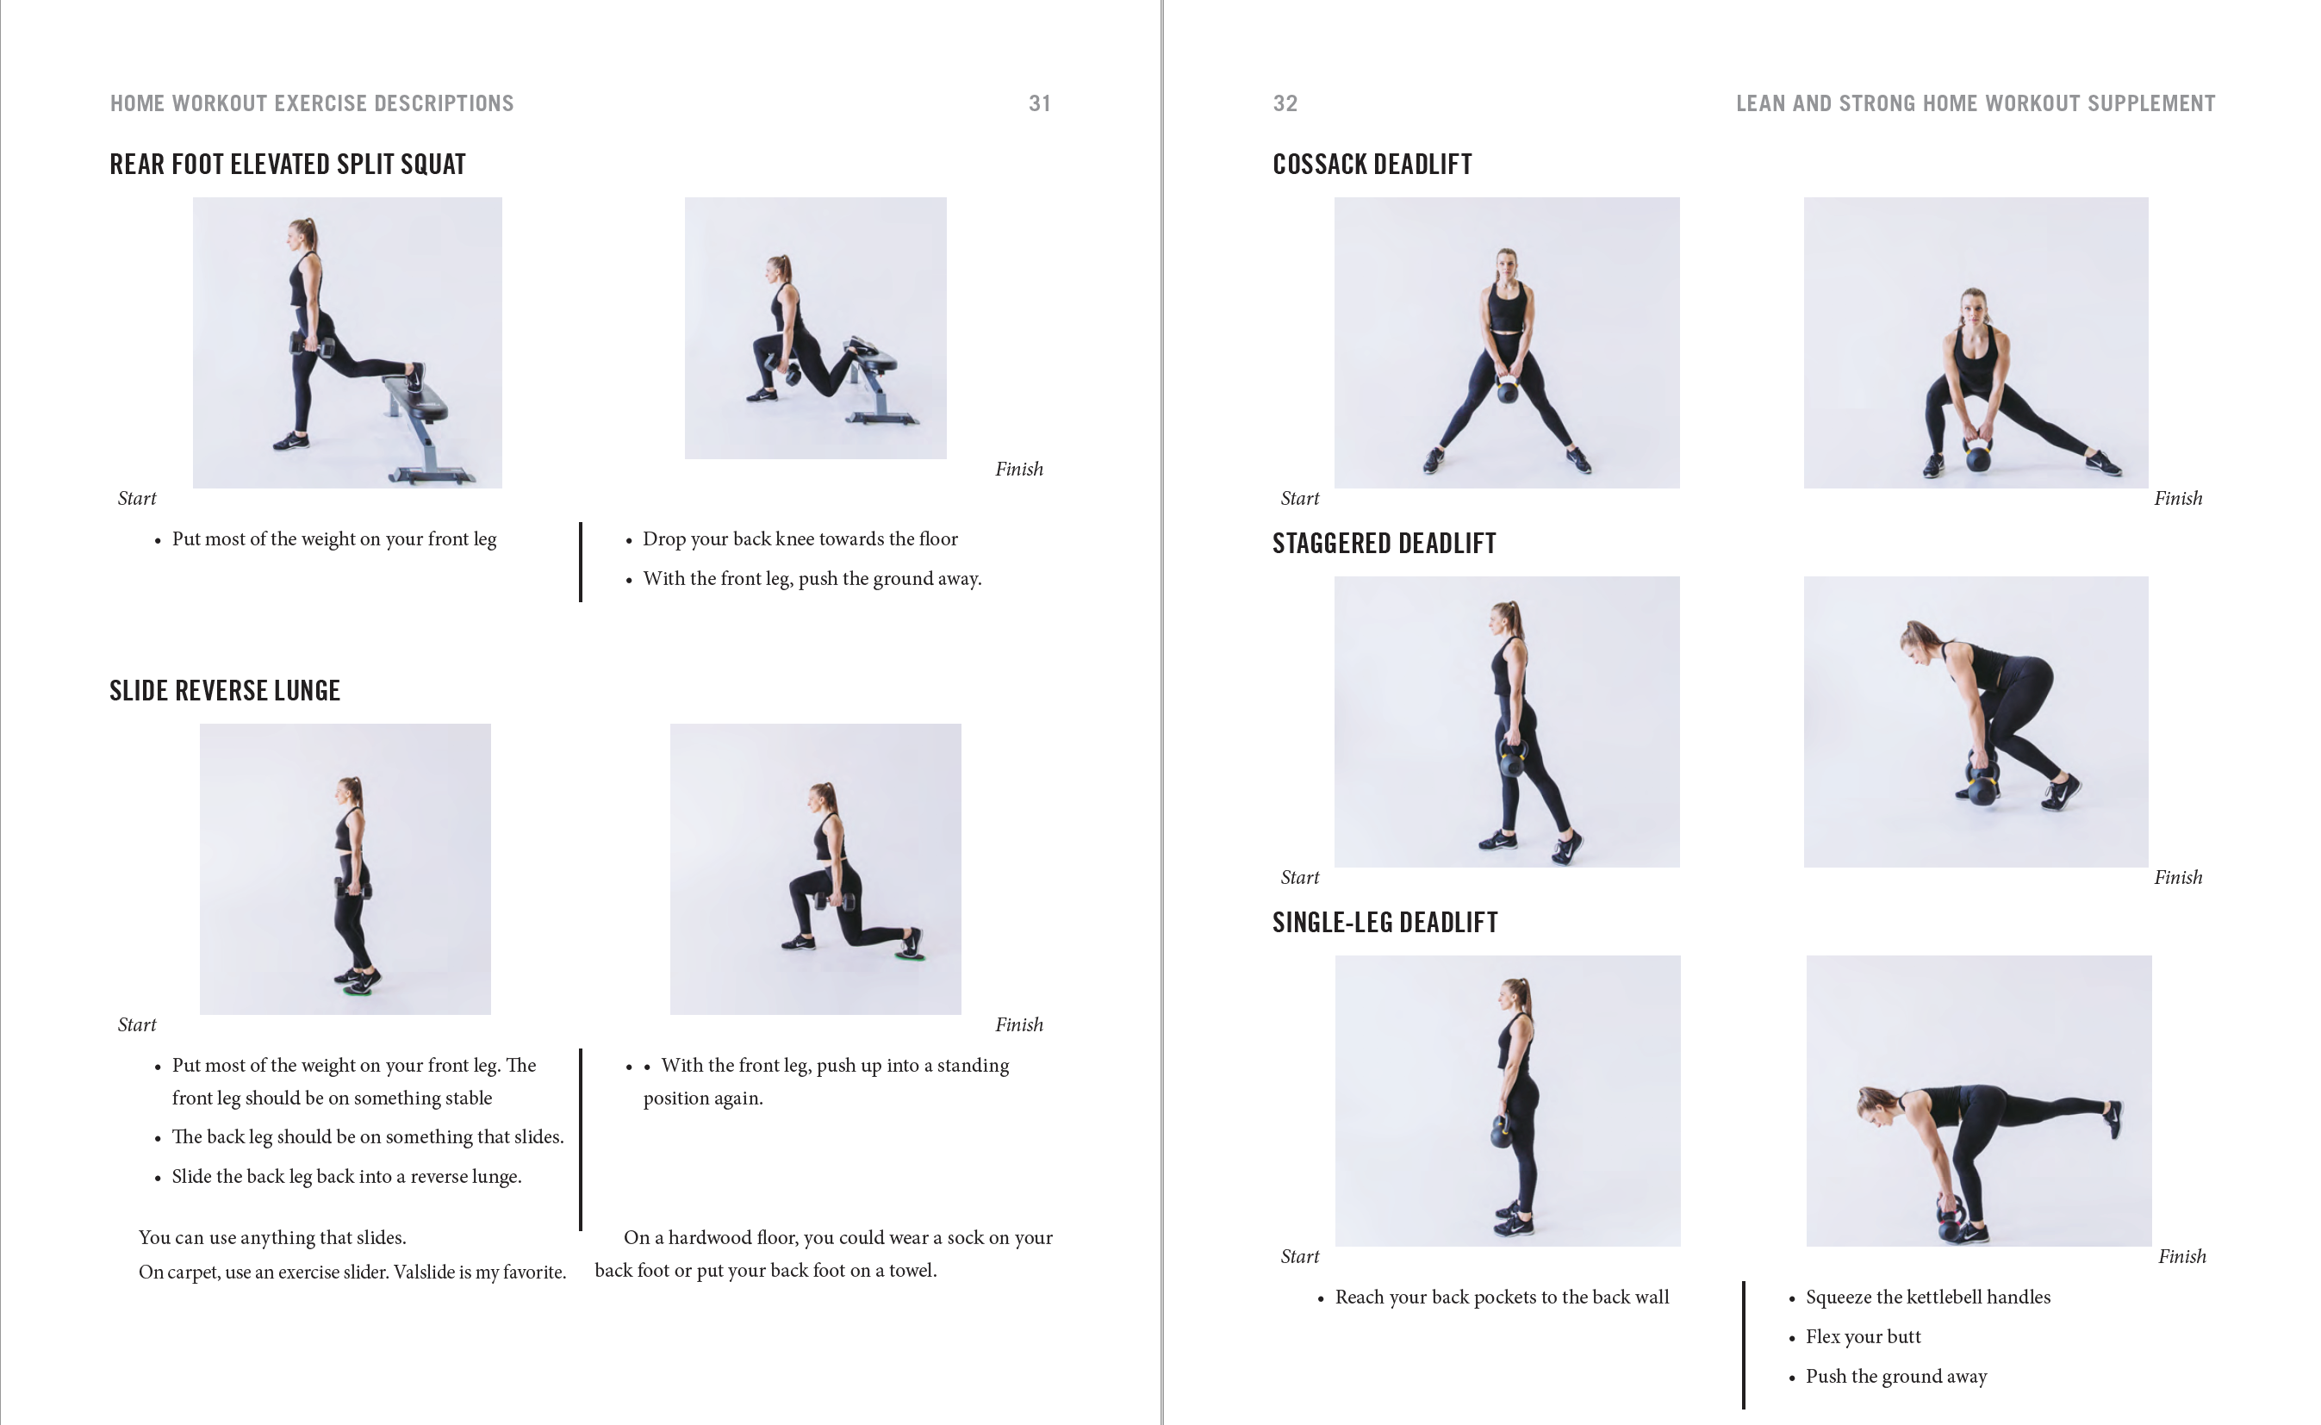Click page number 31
coord(1039,103)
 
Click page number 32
coord(1285,103)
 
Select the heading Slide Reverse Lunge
coord(224,691)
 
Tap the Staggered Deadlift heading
coord(1384,544)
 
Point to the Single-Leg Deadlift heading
coord(1385,923)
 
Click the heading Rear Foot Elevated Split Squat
coord(288,164)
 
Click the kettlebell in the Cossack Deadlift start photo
coord(1508,389)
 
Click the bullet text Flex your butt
coord(1862,1336)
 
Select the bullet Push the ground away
coord(1895,1376)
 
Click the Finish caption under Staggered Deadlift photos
coord(2177,877)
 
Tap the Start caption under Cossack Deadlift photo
coord(1299,499)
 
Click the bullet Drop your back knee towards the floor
coord(800,539)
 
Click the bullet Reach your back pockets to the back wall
coord(1501,1297)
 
